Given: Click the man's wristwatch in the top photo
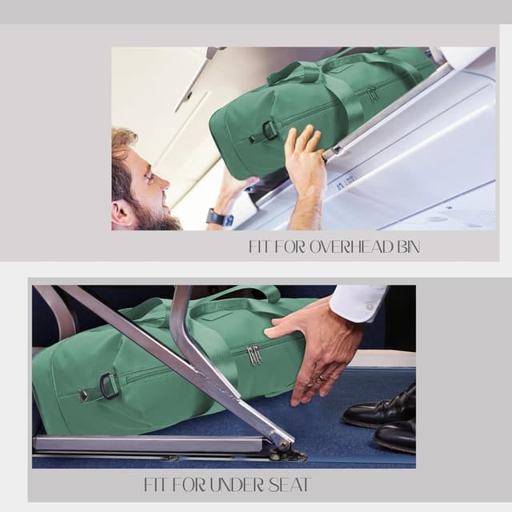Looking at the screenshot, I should coord(218,218).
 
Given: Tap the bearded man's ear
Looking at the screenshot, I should coord(122,214).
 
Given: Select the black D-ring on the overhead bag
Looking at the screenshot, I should coord(270,130).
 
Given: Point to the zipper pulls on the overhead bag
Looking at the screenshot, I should coord(371,94).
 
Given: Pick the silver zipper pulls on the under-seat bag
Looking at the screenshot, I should coord(254,354).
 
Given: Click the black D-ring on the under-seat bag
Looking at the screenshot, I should coord(109,386).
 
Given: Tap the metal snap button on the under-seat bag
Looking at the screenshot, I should coord(84,395).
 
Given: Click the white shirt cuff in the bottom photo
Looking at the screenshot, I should coord(358,303).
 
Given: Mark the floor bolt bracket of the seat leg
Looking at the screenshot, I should coord(286,454).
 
